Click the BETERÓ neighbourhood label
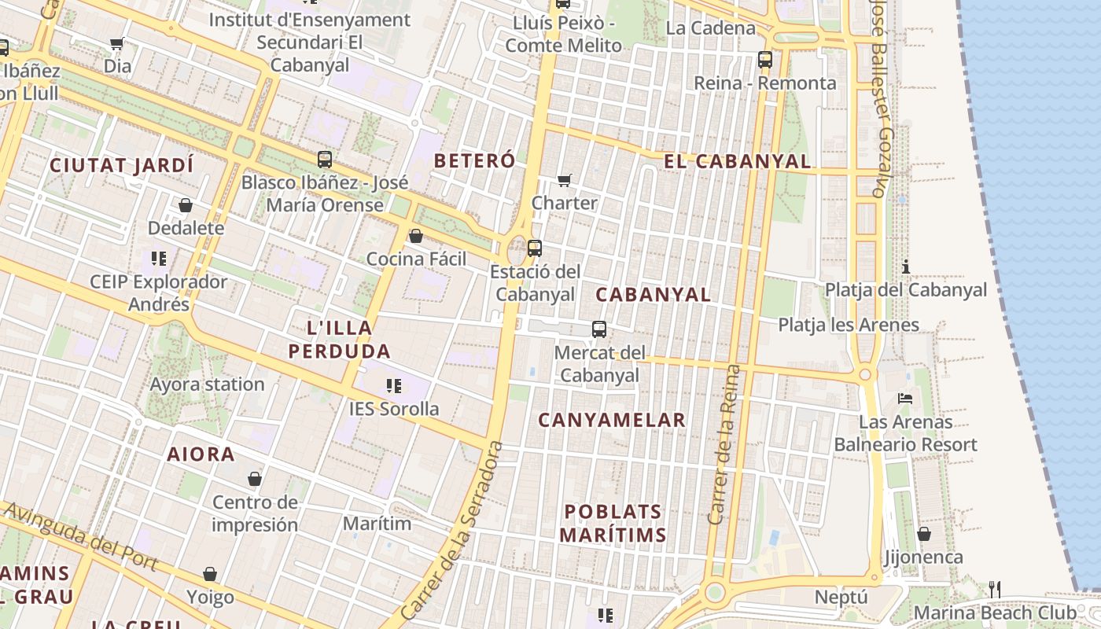point(474,160)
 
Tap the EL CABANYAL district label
point(737,161)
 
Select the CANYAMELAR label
point(612,420)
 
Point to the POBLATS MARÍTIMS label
point(614,523)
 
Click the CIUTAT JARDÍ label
point(121,165)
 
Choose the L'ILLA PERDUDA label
point(339,339)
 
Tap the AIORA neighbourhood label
point(201,454)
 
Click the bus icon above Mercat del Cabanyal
point(599,329)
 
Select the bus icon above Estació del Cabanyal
point(535,248)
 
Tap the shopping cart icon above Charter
point(564,181)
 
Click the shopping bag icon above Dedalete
point(186,205)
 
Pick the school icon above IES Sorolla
point(394,385)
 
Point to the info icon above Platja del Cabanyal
point(906,267)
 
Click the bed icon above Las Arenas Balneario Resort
point(905,399)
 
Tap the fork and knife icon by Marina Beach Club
point(995,589)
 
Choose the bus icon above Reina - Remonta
point(764,59)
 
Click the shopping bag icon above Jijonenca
point(924,534)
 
